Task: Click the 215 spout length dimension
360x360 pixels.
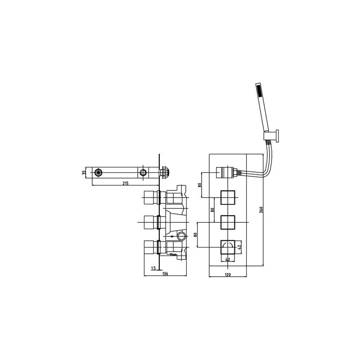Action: coord(125,184)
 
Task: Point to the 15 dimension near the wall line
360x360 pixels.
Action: coord(153,268)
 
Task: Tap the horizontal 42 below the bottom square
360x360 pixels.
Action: coord(228,260)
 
